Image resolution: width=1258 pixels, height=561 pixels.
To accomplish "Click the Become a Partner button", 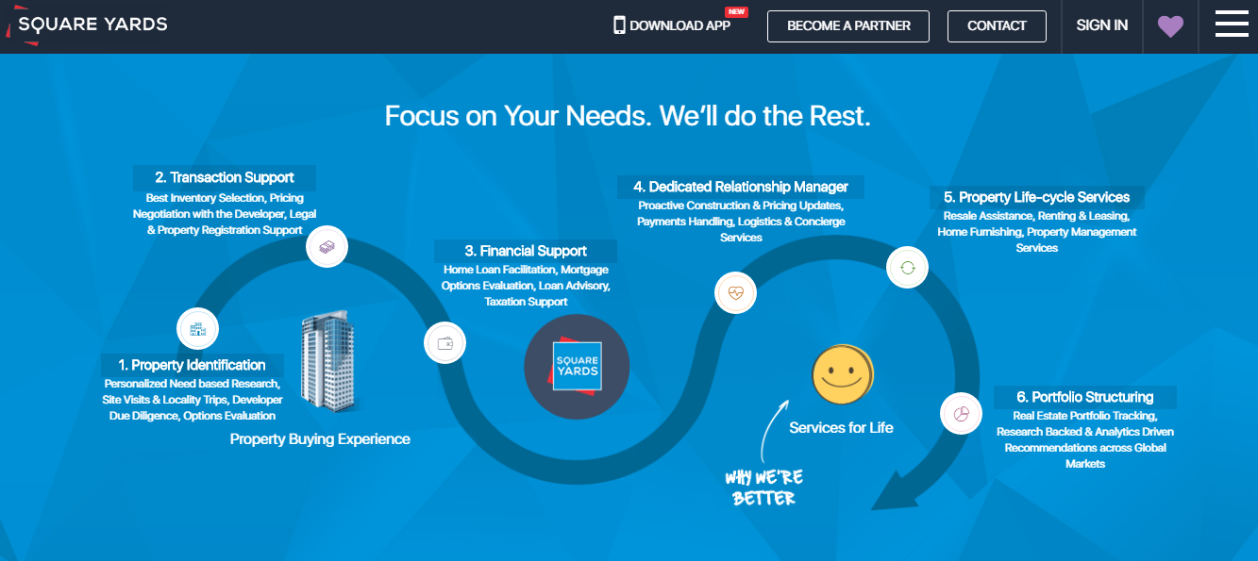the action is click(x=848, y=25).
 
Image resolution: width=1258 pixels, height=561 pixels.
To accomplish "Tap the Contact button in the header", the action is click(x=997, y=25).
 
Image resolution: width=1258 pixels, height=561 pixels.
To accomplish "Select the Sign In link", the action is click(x=1102, y=25).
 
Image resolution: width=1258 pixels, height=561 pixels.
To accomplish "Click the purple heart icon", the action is click(x=1170, y=26).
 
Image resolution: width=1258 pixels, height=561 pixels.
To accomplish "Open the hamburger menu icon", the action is click(x=1232, y=25).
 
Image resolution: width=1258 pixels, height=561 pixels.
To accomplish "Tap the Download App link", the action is click(x=672, y=25).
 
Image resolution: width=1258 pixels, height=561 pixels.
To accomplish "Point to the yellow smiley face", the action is click(x=843, y=374).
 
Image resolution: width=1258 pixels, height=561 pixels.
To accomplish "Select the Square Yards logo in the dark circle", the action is click(x=577, y=367).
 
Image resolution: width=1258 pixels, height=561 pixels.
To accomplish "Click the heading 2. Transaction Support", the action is click(x=225, y=178).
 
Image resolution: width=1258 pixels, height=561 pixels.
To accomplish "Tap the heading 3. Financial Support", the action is click(x=526, y=251).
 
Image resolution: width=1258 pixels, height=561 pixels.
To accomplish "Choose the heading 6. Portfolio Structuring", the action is click(x=1085, y=397).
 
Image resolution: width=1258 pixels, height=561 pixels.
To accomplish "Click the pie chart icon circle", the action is click(x=962, y=414).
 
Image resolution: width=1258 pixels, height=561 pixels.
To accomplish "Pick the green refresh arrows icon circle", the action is click(x=908, y=268).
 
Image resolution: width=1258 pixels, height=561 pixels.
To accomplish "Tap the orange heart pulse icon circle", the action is click(x=736, y=293).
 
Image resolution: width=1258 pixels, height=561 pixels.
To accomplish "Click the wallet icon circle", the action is click(x=444, y=343).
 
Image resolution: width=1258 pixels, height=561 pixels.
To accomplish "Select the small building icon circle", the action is click(x=197, y=329).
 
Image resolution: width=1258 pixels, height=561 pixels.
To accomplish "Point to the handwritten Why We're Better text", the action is click(x=763, y=487).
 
